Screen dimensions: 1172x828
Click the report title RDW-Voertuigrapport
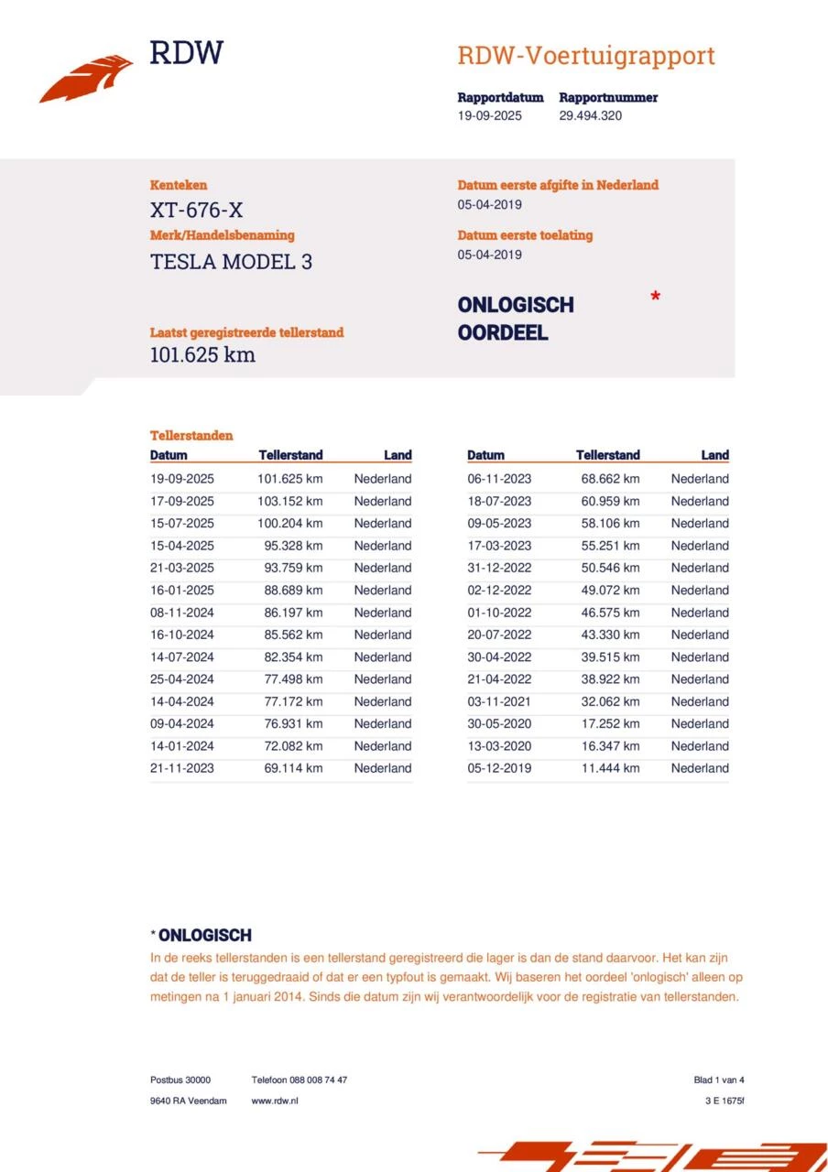[585, 56]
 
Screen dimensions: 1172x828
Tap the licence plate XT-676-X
[196, 211]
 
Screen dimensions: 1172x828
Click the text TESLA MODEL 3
[231, 262]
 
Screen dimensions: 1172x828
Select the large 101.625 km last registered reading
[202, 355]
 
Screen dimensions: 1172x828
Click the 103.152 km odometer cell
[289, 501]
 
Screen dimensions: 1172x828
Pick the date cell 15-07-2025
[181, 524]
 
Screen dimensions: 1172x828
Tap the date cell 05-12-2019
[498, 768]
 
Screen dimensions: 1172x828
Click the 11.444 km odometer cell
[610, 768]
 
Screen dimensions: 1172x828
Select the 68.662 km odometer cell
[610, 479]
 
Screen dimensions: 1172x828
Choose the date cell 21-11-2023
[181, 768]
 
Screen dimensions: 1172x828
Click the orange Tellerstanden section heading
[191, 436]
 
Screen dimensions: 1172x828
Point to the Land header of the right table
[714, 455]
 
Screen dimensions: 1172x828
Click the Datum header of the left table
[169, 455]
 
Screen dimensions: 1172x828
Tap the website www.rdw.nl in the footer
[275, 1101]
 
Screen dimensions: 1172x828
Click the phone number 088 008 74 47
[318, 1080]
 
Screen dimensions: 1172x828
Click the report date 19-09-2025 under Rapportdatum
[489, 116]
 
